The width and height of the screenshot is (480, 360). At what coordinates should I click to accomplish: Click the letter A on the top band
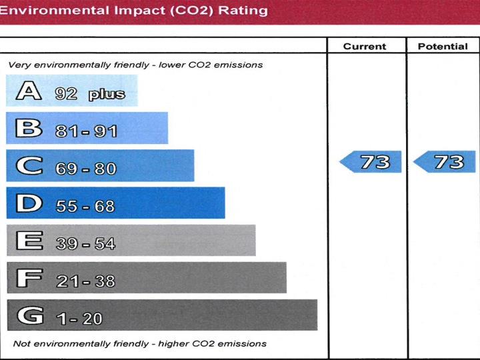(x=29, y=91)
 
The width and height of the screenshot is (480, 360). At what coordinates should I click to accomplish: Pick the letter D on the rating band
(x=29, y=203)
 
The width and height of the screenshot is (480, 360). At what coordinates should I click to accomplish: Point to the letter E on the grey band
(x=29, y=241)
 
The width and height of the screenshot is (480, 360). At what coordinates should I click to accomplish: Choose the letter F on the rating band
(x=29, y=278)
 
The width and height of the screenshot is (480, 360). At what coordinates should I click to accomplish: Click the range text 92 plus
(x=90, y=94)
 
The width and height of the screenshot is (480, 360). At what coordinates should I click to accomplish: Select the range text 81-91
(x=87, y=131)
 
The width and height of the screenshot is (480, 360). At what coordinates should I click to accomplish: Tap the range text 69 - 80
(x=86, y=169)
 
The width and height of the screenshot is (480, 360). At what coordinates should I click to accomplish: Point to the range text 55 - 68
(x=85, y=206)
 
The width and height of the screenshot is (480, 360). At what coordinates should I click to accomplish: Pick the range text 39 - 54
(x=85, y=244)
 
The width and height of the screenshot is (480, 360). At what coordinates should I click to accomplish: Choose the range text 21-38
(x=85, y=281)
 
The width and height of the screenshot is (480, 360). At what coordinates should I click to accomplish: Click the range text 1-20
(x=79, y=319)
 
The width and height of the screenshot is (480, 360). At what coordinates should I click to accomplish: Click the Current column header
(x=365, y=47)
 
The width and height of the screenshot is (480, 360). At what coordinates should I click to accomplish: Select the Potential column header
(x=443, y=47)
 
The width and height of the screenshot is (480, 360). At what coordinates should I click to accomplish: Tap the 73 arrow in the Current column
(x=371, y=161)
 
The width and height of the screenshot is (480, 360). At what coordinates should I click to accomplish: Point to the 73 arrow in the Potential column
(x=445, y=161)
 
